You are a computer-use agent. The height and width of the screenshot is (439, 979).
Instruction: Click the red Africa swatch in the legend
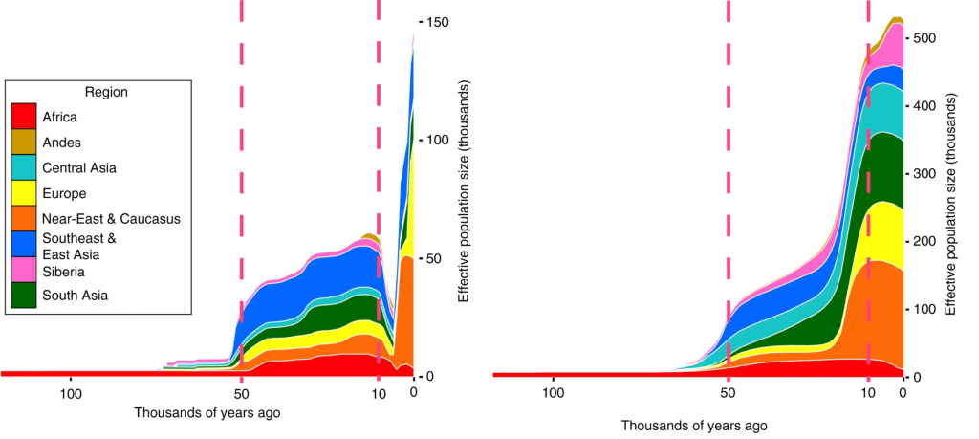(23, 117)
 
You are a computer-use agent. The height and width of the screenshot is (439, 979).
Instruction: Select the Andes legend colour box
(23, 143)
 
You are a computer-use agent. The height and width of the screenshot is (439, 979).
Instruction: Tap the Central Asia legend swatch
(23, 168)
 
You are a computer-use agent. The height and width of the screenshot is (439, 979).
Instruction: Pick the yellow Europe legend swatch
(23, 193)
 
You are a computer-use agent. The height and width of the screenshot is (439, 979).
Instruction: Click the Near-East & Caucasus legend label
(112, 219)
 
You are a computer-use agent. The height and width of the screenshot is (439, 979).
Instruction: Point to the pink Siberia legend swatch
(23, 271)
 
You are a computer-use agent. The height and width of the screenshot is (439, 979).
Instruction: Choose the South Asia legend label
(76, 296)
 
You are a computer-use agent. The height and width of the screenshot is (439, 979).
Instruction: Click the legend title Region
(106, 92)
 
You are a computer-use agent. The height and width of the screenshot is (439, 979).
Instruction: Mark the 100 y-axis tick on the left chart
(437, 140)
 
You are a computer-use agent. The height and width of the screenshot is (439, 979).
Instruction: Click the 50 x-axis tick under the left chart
(241, 392)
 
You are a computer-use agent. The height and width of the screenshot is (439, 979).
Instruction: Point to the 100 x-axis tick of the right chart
(553, 392)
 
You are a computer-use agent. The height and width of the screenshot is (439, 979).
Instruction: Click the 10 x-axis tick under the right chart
(868, 392)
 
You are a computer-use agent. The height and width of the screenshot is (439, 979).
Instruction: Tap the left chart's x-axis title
(207, 413)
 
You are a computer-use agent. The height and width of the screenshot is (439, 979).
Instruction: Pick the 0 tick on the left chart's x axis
(413, 392)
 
